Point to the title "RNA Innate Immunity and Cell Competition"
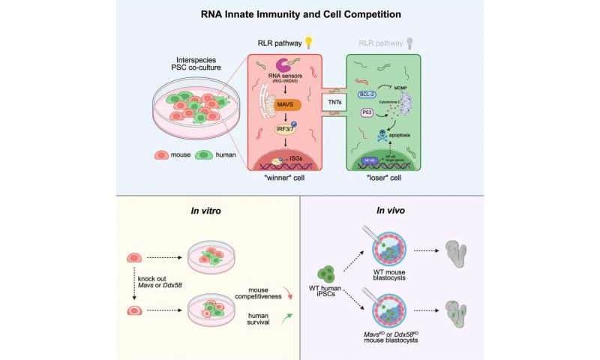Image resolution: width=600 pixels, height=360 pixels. [300, 13]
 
